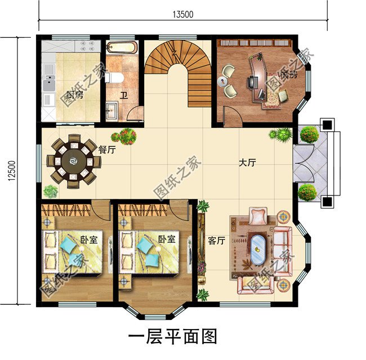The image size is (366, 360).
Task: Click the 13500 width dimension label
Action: click(x=184, y=15)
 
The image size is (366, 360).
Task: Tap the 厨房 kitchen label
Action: click(x=74, y=94)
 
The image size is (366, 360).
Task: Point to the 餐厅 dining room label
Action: click(x=107, y=150)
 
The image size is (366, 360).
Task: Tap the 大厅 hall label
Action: click(x=247, y=163)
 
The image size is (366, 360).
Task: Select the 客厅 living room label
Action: click(x=217, y=241)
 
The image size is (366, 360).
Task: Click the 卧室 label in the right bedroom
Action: click(x=166, y=239)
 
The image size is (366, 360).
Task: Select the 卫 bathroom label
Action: click(x=123, y=94)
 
